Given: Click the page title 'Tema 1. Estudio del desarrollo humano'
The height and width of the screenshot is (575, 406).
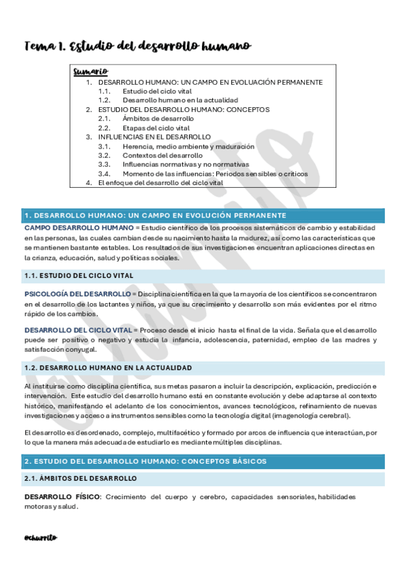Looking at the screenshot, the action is point(138,45).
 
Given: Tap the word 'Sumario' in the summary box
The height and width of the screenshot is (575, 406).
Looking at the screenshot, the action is point(90,72).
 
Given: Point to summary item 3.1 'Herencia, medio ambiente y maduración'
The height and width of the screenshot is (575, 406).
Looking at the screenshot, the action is point(188,146).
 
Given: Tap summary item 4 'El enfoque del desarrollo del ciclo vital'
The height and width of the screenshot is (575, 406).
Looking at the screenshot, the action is point(160,182).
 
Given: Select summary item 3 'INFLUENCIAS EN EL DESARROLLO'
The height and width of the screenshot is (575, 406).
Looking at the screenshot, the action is point(155,136).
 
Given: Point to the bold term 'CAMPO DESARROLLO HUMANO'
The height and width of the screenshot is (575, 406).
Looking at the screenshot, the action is point(79,228).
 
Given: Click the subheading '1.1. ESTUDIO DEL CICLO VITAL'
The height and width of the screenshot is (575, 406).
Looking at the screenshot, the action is point(79,276).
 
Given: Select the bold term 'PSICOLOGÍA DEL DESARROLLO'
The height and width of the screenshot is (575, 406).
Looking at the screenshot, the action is point(77,294).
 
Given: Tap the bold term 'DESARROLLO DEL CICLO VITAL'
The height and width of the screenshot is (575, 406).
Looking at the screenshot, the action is point(78,330).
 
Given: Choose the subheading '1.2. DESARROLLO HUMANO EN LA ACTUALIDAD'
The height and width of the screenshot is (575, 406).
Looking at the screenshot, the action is point(108,368).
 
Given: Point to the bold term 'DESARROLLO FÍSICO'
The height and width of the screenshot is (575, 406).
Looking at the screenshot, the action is point(62,496).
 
